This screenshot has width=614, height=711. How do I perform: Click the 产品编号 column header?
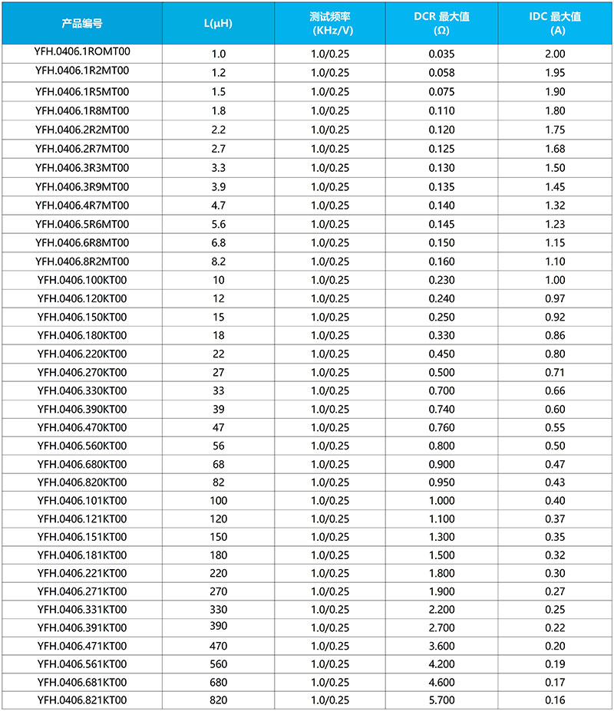coord(81,23)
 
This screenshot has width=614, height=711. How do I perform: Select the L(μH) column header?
coord(218,23)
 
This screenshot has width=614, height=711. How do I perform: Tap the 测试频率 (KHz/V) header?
coord(330,23)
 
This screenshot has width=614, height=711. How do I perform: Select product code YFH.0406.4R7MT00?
coord(81,206)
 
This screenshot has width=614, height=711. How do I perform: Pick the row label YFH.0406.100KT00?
coord(81,280)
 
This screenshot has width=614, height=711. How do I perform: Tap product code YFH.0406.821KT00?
coord(81,699)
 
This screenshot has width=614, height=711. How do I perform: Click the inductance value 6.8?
coord(218,243)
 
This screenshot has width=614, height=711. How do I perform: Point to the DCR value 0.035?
coord(441,54)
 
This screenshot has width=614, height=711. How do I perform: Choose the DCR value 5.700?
coord(441,699)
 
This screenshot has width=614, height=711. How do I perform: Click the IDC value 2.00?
coord(554,54)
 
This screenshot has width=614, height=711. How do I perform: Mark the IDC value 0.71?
coord(554,373)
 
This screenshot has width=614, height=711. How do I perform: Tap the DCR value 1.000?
coord(441,501)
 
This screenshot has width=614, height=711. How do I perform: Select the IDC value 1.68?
coord(554,149)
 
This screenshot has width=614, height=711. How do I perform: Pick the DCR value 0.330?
coord(441,336)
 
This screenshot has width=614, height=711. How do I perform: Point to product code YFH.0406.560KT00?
coord(81,446)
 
